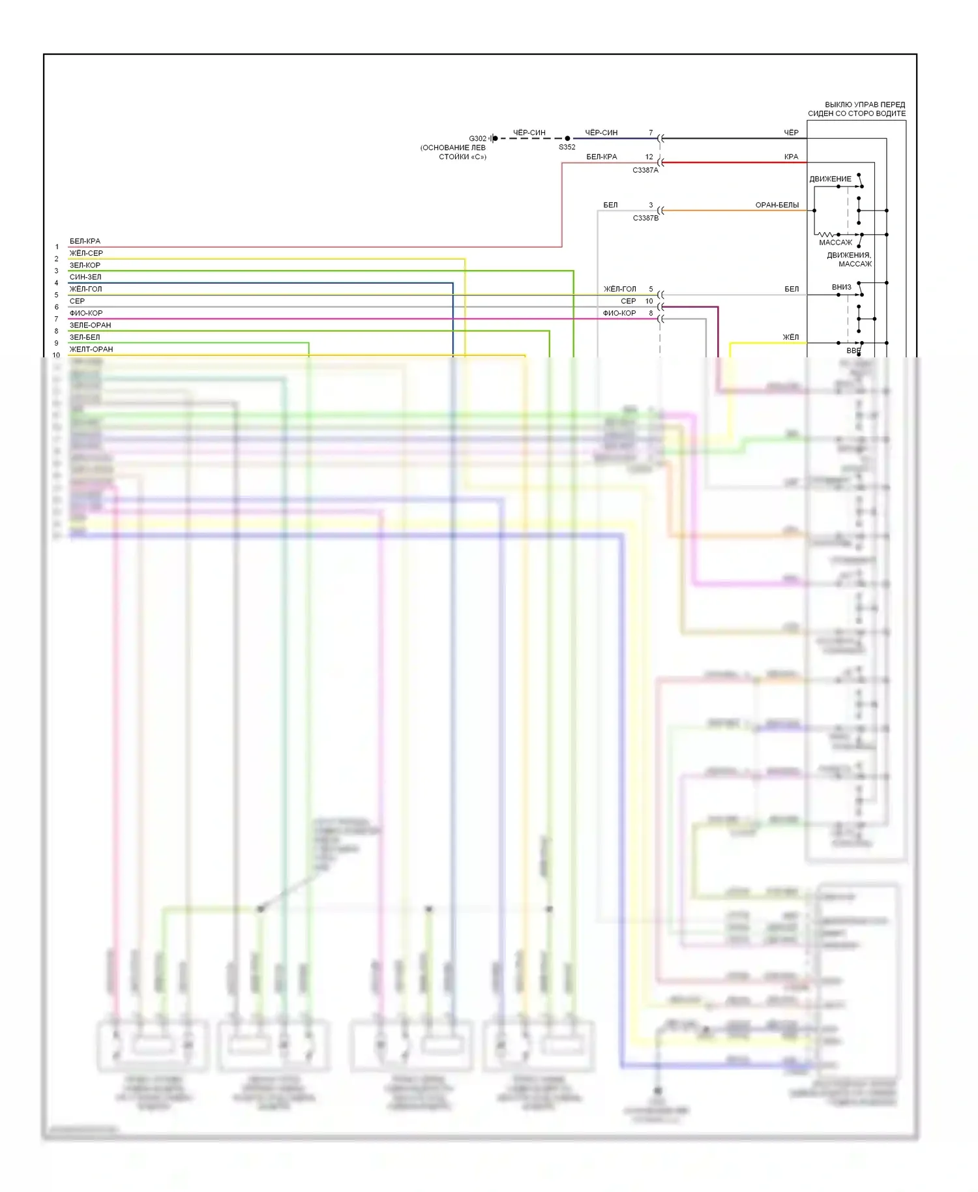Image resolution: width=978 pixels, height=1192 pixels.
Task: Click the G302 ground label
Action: [x=477, y=138]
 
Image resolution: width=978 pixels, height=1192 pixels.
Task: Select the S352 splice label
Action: [x=567, y=147]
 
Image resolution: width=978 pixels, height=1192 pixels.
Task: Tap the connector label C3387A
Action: [x=645, y=170]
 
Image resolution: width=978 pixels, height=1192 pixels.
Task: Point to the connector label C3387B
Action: [x=645, y=218]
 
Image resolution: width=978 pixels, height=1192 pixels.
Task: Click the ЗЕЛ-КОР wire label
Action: [x=85, y=265]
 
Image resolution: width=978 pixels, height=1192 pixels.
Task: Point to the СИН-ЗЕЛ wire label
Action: [x=85, y=277]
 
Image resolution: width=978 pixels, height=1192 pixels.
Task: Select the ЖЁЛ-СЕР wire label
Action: [x=86, y=253]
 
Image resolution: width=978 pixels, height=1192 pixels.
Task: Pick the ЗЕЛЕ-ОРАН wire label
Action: [x=90, y=325]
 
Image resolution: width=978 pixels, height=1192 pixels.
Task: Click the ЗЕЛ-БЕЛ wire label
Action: [x=85, y=337]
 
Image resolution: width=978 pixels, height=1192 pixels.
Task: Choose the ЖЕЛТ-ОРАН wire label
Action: [x=91, y=350]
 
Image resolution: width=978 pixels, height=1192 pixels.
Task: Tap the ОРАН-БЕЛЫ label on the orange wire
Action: [x=777, y=205]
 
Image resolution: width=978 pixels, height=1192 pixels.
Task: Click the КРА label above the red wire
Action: [x=791, y=156]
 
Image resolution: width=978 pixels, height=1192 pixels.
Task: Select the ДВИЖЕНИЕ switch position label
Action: [x=830, y=179]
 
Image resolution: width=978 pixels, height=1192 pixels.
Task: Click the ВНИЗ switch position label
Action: [x=841, y=287]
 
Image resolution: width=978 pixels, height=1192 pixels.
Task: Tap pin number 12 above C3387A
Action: [x=649, y=156]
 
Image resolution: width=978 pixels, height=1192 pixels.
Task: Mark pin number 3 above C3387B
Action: [x=651, y=205]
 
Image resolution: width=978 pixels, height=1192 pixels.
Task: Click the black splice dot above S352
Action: [x=567, y=138]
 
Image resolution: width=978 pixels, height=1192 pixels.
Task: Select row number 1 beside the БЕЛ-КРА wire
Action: [x=57, y=247]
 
